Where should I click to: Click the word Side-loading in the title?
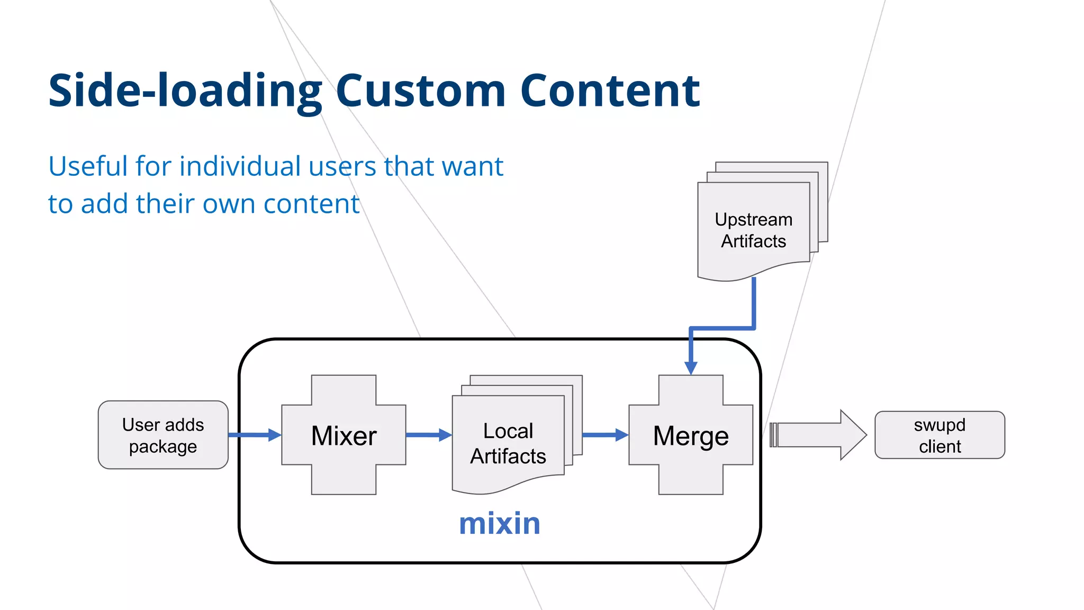pos(185,91)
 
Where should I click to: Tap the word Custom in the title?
pos(421,91)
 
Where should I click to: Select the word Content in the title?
pos(610,91)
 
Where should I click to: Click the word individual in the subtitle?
pos(240,166)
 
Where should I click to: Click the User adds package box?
pos(163,435)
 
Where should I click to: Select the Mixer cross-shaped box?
pos(344,435)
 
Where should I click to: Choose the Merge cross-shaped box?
pos(691,435)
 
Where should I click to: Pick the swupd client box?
pos(940,435)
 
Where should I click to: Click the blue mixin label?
pos(500,524)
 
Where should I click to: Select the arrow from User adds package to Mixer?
pos(255,435)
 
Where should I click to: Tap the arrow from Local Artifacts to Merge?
pos(605,435)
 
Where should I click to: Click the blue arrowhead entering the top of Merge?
pos(691,367)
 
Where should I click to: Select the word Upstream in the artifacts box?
pos(754,219)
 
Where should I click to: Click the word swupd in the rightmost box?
pos(940,425)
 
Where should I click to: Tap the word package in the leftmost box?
pos(163,446)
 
